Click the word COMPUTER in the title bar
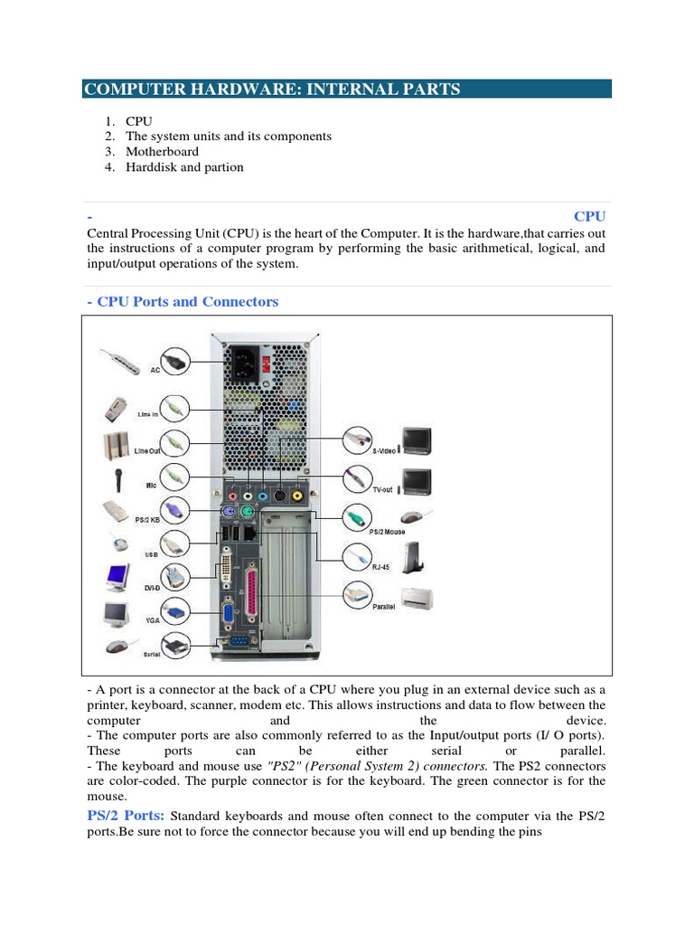[127, 89]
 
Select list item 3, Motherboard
[162, 151]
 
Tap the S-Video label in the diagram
[386, 449]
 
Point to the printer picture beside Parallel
[419, 598]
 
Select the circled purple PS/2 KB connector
[173, 509]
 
